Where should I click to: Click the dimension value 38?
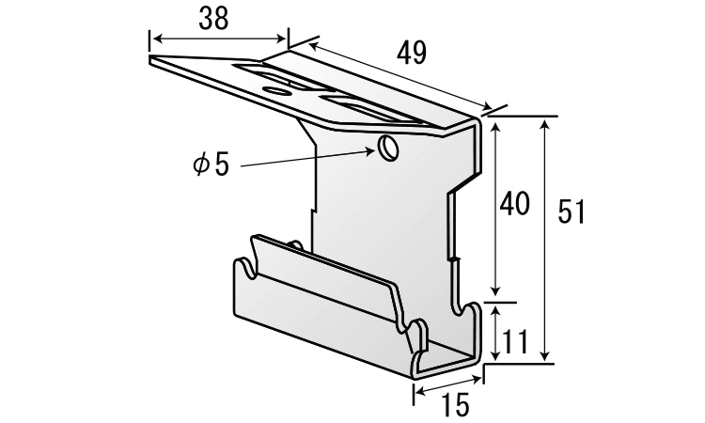pos(213,20)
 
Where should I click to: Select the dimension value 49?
pos(412,54)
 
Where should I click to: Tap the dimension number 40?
pos(515,204)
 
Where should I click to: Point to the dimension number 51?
pos(571,211)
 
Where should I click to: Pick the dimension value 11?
pos(514,342)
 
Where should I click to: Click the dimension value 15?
pos(455,404)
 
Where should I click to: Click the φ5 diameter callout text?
pos(211,164)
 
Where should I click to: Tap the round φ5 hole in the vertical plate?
pos(388,147)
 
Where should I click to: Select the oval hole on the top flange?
pos(276,91)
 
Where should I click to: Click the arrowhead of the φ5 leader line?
pos(371,152)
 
